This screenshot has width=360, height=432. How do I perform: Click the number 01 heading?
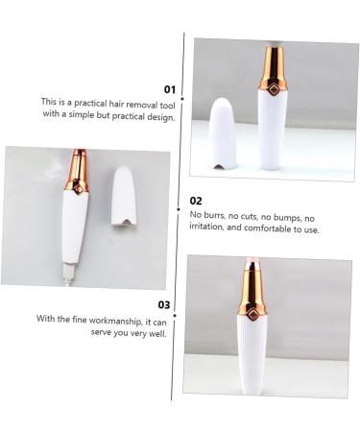tap(169, 88)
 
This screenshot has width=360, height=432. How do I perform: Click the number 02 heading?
tap(196, 201)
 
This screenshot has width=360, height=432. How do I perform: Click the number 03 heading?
tap(163, 305)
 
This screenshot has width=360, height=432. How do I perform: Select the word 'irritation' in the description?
tap(211, 229)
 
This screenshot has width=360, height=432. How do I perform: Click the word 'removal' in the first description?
tap(138, 102)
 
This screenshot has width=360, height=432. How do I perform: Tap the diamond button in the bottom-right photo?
tap(252, 310)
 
